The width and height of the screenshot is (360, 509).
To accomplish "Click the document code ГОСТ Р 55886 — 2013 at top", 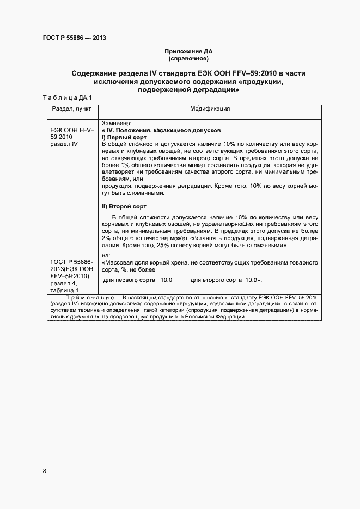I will click(x=74, y=38).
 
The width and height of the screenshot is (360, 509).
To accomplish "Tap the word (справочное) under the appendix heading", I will click(x=188, y=58).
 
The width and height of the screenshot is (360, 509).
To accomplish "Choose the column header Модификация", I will click(x=210, y=109).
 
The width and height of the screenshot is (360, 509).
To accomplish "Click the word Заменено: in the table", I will click(x=117, y=124).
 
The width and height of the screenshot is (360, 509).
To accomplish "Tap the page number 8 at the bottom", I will click(x=44, y=471).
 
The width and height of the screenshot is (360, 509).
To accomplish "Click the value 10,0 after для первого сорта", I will click(x=166, y=280).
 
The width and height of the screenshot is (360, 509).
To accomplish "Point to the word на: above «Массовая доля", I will click(x=106, y=256).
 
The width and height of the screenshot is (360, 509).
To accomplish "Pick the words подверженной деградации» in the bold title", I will click(x=189, y=90).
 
